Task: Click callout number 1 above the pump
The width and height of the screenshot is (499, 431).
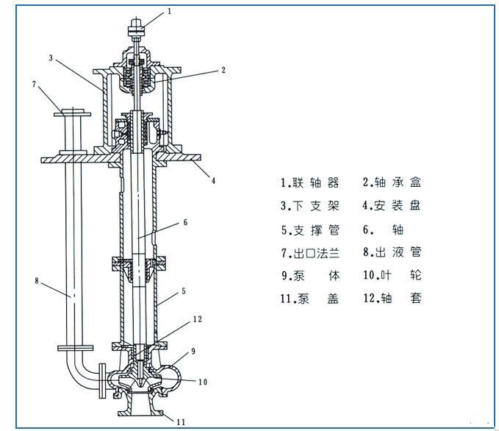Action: (x=169, y=12)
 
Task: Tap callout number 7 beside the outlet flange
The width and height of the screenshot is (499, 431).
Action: (x=35, y=84)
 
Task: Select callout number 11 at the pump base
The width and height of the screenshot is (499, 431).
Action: (x=181, y=422)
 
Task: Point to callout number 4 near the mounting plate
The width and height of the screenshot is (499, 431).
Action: (x=214, y=181)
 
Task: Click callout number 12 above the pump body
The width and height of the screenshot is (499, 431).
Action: (x=197, y=319)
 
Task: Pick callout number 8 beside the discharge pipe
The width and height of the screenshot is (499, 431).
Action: (x=37, y=281)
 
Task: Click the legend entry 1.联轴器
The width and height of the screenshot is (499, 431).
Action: (x=310, y=182)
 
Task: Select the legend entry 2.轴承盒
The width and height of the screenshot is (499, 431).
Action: (x=392, y=182)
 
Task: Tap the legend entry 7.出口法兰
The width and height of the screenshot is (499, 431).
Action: (x=310, y=253)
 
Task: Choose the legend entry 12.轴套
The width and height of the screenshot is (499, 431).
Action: (x=392, y=298)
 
